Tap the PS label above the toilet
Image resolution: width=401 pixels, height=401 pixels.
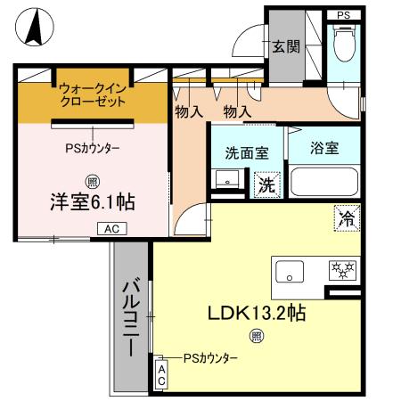point(343,15)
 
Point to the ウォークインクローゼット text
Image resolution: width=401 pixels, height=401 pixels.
point(94,94)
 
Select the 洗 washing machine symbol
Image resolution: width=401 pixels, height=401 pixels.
point(266,185)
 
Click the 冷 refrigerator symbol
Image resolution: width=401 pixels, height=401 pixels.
point(346,216)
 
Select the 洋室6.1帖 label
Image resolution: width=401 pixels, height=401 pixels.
point(92,201)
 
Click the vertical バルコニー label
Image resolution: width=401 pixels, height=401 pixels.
point(129,315)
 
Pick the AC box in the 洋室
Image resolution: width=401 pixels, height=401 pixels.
point(112,229)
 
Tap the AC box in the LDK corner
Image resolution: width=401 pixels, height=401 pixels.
point(161,375)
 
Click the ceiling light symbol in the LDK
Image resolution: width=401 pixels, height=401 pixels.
point(256,336)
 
